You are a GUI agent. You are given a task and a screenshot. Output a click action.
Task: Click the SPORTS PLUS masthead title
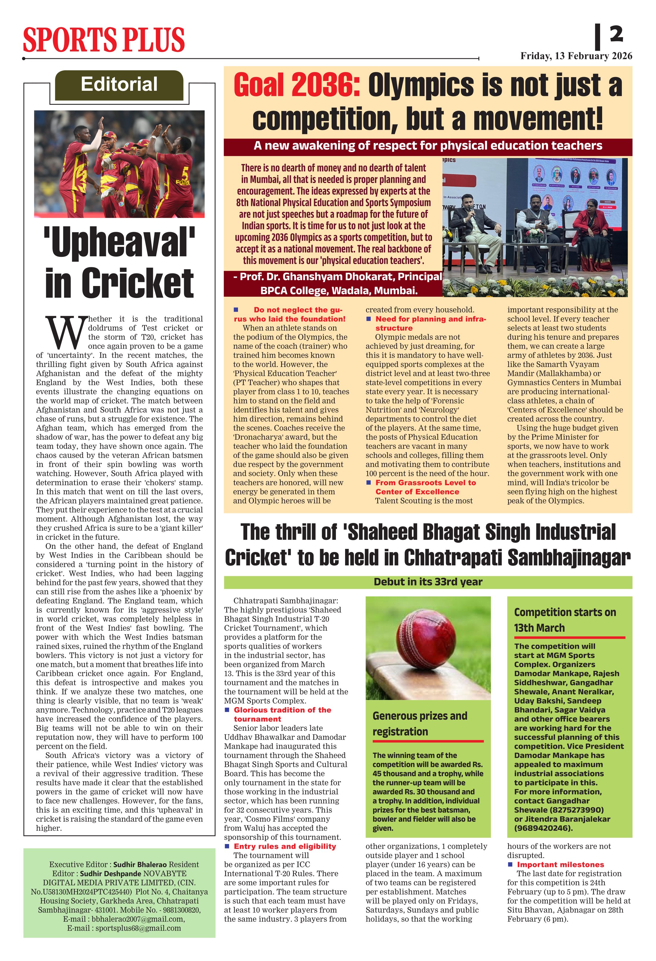point(104,40)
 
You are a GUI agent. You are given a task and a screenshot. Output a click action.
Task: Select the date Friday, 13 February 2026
point(576,56)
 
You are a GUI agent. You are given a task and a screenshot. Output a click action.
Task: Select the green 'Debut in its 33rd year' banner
point(428,582)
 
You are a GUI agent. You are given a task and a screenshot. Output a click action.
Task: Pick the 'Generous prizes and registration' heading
point(419,723)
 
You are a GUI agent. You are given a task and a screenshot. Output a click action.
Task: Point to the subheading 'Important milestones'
point(560,865)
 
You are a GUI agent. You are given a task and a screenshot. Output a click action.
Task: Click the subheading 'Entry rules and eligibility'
point(285,846)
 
